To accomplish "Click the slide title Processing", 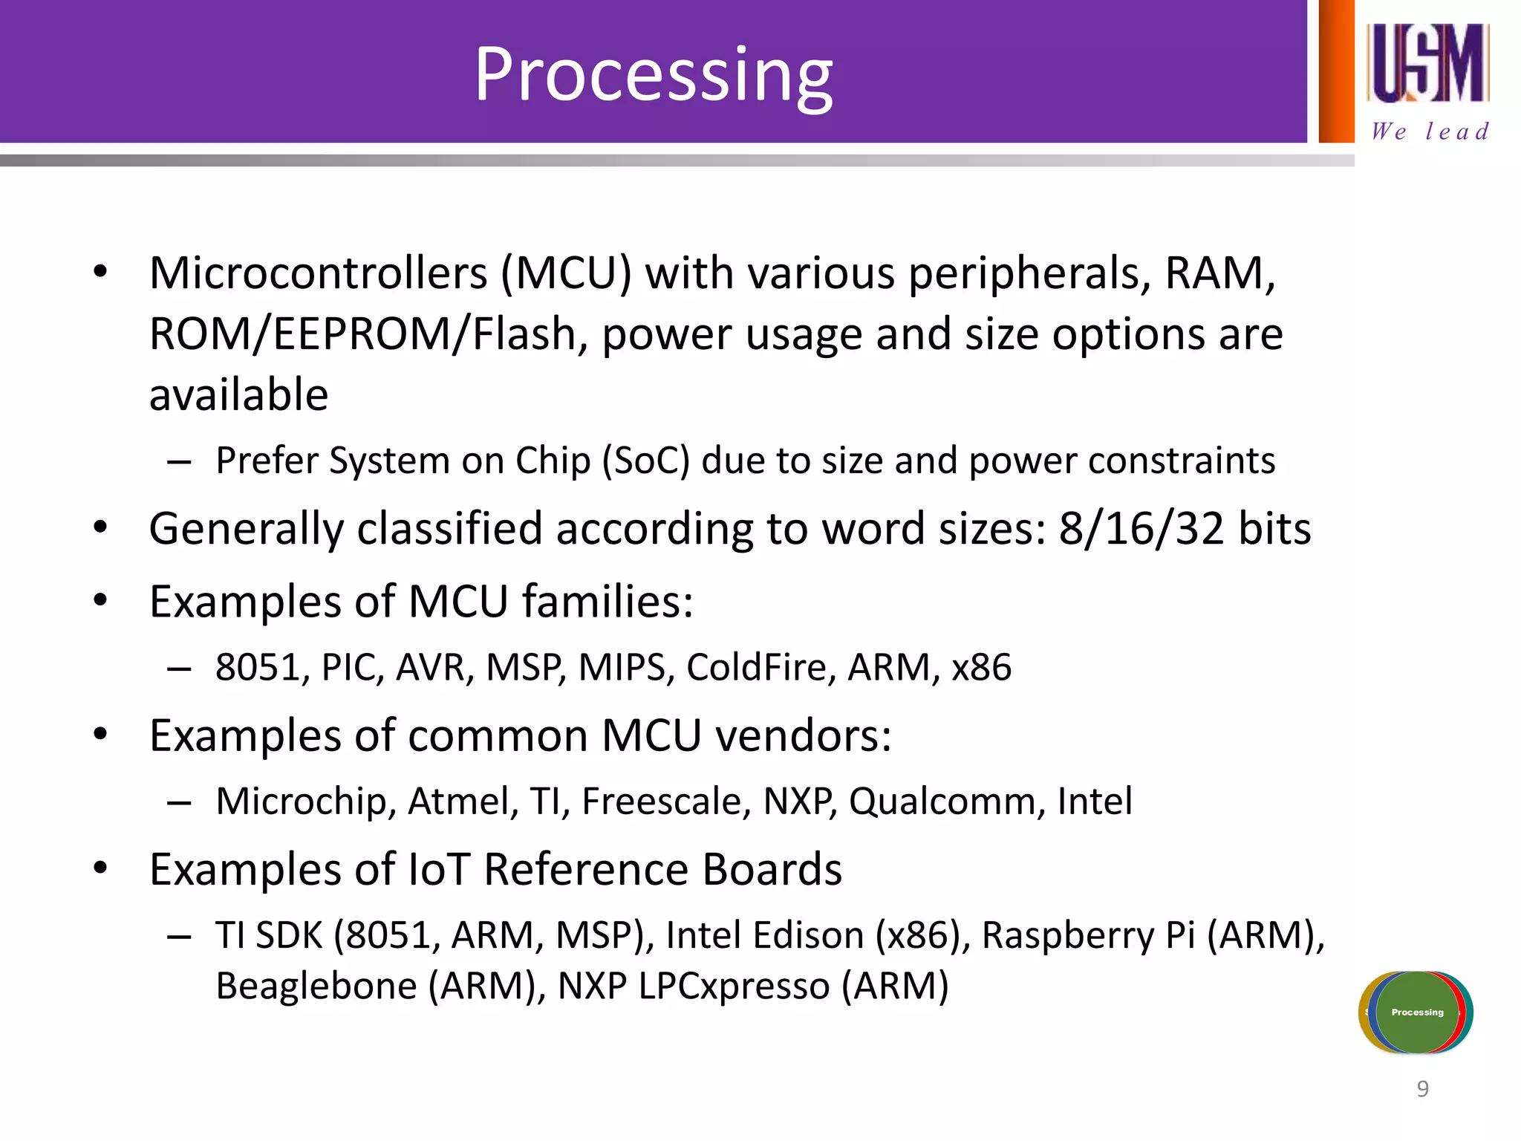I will tap(654, 74).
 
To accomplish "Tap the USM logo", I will tap(1427, 63).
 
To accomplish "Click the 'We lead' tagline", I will tap(1430, 131).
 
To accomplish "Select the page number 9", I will tap(1422, 1089).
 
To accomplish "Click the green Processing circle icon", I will tap(1417, 1012).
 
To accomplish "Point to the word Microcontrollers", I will tap(318, 273).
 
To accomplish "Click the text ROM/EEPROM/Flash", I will tap(362, 334).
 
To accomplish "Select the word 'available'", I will tap(238, 394).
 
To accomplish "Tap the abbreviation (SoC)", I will tap(645, 461).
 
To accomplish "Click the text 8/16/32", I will tap(1141, 529).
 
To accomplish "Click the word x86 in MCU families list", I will tap(981, 667).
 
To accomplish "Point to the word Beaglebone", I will tap(316, 986).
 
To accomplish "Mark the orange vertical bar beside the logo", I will tap(1336, 71).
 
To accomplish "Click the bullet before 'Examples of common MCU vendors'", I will tap(101, 735).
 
